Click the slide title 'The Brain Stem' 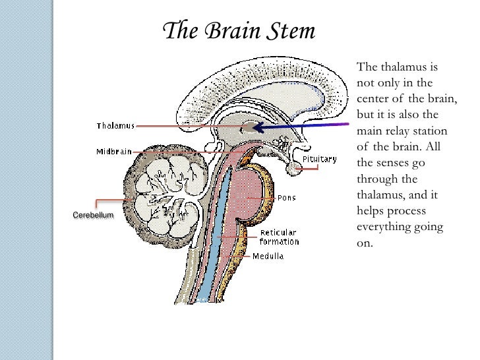click(239, 31)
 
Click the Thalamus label click(115, 125)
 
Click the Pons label click(284, 196)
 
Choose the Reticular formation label click(279, 237)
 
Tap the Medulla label click(269, 256)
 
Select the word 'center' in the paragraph click(373, 99)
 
